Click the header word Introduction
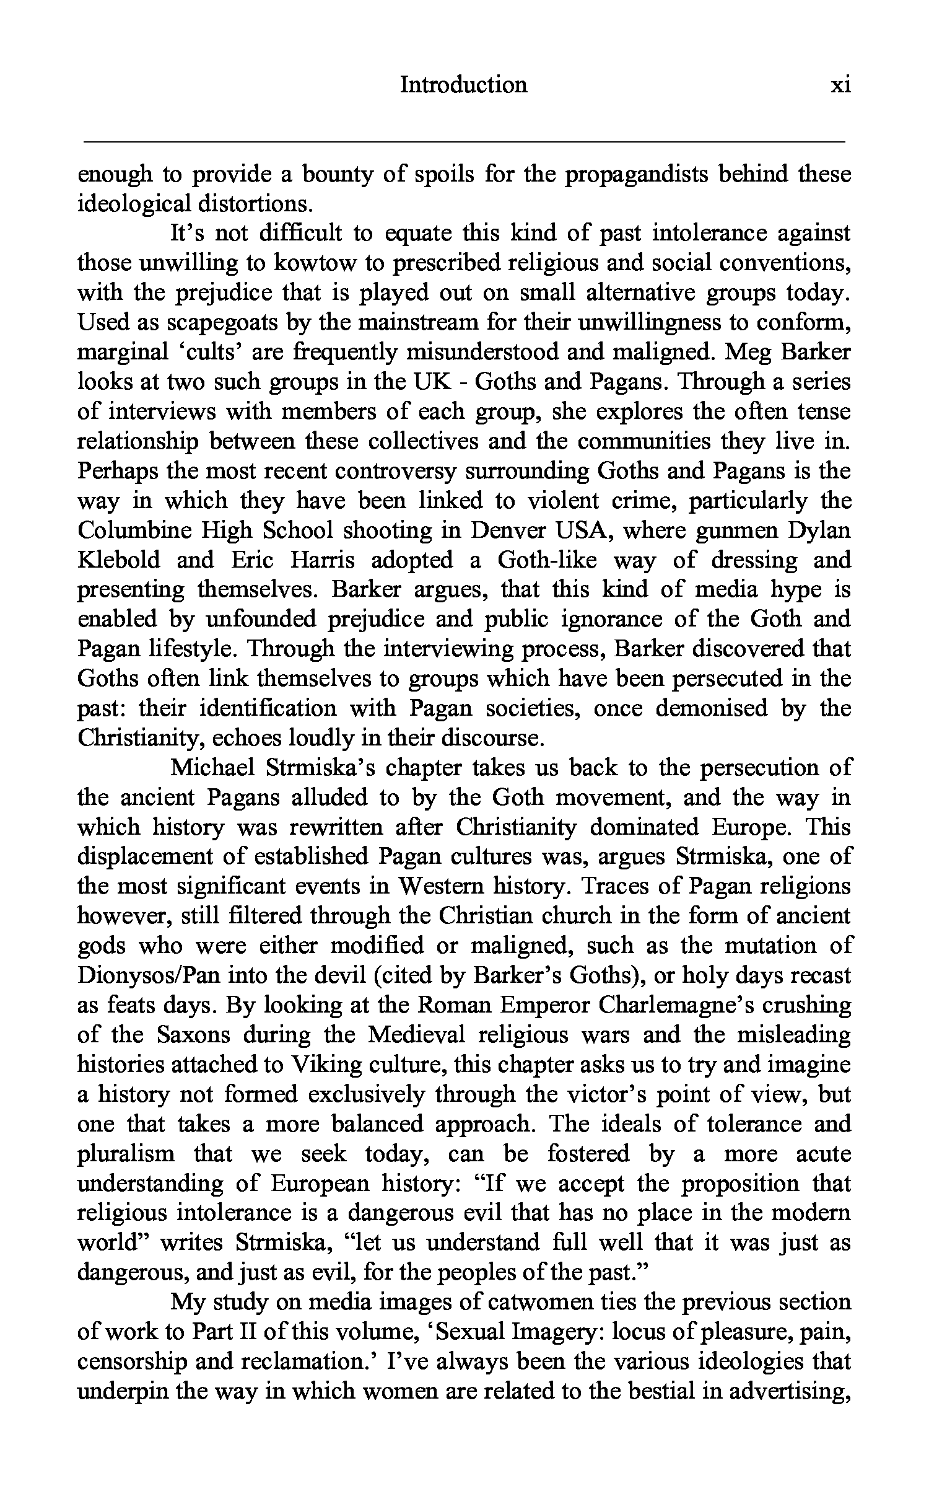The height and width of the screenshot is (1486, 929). [463, 85]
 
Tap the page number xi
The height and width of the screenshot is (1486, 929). [840, 85]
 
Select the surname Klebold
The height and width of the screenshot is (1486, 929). [119, 561]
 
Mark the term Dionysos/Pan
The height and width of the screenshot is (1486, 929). [149, 976]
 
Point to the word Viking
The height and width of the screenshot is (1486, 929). [326, 1065]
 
